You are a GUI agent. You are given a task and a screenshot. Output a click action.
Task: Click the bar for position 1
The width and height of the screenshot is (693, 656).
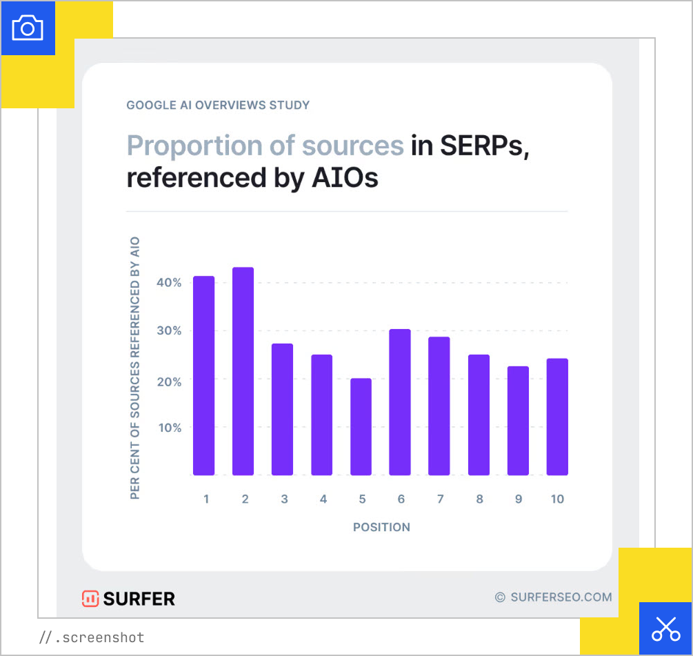click(203, 375)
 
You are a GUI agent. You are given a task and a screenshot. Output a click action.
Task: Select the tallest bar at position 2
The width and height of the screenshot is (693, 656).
click(243, 371)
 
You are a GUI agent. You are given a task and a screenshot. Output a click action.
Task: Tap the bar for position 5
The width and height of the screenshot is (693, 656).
click(361, 426)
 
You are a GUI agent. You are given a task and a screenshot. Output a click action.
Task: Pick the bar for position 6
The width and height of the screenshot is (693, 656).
click(400, 402)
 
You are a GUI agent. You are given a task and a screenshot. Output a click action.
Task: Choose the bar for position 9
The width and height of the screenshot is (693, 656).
click(518, 420)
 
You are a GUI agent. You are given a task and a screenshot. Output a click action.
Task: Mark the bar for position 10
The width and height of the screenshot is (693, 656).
click(557, 417)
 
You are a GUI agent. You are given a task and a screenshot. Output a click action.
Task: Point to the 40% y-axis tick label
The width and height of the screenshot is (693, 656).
click(168, 283)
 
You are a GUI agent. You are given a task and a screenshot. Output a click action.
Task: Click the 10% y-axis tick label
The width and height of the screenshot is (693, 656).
click(168, 428)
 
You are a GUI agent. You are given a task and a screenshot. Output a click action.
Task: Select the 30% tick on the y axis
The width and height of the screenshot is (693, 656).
click(168, 331)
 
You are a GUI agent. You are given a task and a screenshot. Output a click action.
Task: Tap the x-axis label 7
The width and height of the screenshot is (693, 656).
click(439, 499)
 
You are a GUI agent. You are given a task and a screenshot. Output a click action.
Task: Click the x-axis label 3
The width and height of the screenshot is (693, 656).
click(284, 499)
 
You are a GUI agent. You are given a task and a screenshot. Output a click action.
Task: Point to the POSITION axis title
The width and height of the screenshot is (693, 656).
click(381, 527)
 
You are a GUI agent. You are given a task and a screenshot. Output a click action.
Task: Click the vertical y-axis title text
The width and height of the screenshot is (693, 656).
click(135, 368)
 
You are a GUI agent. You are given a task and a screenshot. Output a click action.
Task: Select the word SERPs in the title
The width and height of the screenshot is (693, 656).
click(470, 146)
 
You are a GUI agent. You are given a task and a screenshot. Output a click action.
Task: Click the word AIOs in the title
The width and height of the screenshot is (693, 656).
click(344, 178)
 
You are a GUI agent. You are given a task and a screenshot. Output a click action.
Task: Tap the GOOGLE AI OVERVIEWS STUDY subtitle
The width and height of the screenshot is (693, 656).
click(218, 106)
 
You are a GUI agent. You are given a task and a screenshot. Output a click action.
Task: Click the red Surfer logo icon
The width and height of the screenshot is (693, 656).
click(90, 598)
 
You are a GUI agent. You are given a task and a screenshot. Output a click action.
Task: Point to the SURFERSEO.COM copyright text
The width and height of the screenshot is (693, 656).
click(553, 597)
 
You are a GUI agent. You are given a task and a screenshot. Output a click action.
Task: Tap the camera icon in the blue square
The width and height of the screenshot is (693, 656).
click(28, 28)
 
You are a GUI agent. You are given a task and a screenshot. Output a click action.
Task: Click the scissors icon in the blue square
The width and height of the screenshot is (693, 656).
click(665, 628)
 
